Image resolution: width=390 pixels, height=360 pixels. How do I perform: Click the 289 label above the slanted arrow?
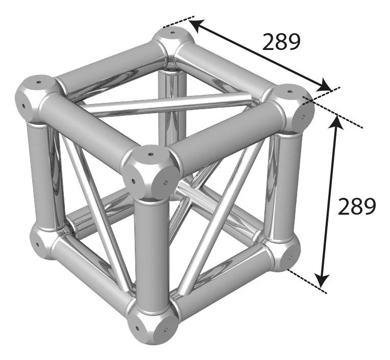(281, 42)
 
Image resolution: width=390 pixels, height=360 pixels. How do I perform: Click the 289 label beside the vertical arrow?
(357, 206)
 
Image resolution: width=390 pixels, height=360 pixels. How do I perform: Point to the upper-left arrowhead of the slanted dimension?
(197, 25)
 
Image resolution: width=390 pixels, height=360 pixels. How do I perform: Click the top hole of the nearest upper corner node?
(150, 155)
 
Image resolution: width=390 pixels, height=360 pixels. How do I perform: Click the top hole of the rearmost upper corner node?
(173, 32)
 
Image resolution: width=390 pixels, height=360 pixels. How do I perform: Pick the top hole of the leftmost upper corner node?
(38, 82)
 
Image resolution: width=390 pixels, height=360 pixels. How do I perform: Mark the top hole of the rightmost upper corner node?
(289, 91)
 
